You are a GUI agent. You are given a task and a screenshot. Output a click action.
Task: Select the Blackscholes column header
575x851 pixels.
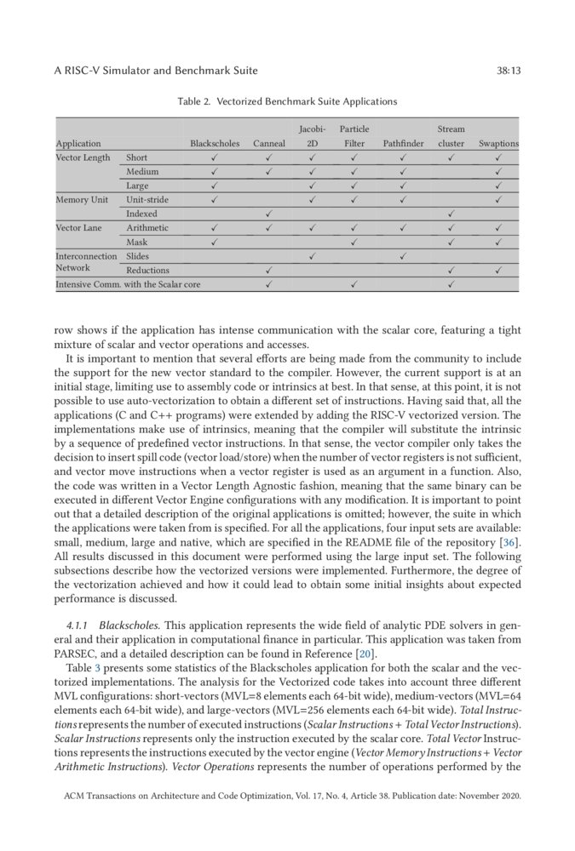click(x=215, y=144)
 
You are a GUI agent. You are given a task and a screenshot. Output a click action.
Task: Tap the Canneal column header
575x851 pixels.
click(x=269, y=144)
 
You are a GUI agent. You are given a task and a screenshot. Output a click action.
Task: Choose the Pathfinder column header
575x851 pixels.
click(x=403, y=144)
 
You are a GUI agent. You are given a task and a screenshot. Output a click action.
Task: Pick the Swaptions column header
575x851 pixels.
click(x=498, y=144)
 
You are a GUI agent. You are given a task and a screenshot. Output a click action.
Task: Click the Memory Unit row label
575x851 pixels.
click(x=82, y=199)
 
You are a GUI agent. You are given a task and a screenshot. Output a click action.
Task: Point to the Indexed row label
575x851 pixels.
click(x=141, y=214)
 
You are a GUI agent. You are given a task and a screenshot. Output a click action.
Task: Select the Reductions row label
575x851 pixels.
click(x=148, y=270)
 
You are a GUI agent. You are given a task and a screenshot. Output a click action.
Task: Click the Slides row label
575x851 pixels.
click(x=137, y=255)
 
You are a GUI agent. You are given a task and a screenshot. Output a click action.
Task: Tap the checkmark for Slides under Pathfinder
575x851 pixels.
click(x=403, y=255)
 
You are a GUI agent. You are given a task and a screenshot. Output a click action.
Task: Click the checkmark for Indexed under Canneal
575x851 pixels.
click(x=269, y=214)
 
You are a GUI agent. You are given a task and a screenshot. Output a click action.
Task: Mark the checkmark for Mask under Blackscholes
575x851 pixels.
click(x=215, y=242)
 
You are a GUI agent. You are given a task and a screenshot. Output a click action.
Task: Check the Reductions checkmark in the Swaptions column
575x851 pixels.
click(x=498, y=270)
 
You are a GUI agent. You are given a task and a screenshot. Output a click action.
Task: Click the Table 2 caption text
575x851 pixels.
click(x=287, y=101)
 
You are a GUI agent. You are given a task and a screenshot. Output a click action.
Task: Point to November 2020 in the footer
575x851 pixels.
click(x=488, y=797)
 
